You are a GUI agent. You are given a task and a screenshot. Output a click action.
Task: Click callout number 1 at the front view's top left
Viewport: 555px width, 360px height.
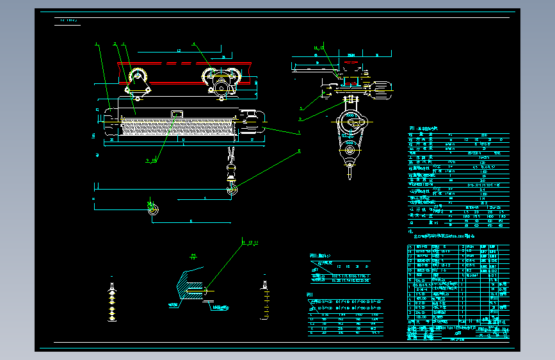tap(97, 44)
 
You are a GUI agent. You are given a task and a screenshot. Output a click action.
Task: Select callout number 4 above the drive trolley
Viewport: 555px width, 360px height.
tap(195, 44)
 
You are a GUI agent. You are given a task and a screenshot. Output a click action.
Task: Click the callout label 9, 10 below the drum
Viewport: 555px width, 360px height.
tap(151, 160)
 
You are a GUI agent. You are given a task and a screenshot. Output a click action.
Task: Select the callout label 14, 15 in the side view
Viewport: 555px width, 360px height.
tap(319, 48)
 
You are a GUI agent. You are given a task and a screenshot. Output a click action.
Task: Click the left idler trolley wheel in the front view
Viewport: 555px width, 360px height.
tap(138, 82)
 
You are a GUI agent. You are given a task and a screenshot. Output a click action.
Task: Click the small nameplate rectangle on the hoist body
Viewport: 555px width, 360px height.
tap(176, 114)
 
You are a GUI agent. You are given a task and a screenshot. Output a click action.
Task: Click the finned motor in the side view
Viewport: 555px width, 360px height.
tap(383, 90)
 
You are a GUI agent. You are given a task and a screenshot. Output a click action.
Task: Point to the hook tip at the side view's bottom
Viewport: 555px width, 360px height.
tap(350, 173)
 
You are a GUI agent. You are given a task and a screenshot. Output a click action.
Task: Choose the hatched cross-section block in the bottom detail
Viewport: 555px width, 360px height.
tap(188, 282)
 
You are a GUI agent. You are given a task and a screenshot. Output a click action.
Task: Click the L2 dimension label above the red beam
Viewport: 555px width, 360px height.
tap(179, 50)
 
